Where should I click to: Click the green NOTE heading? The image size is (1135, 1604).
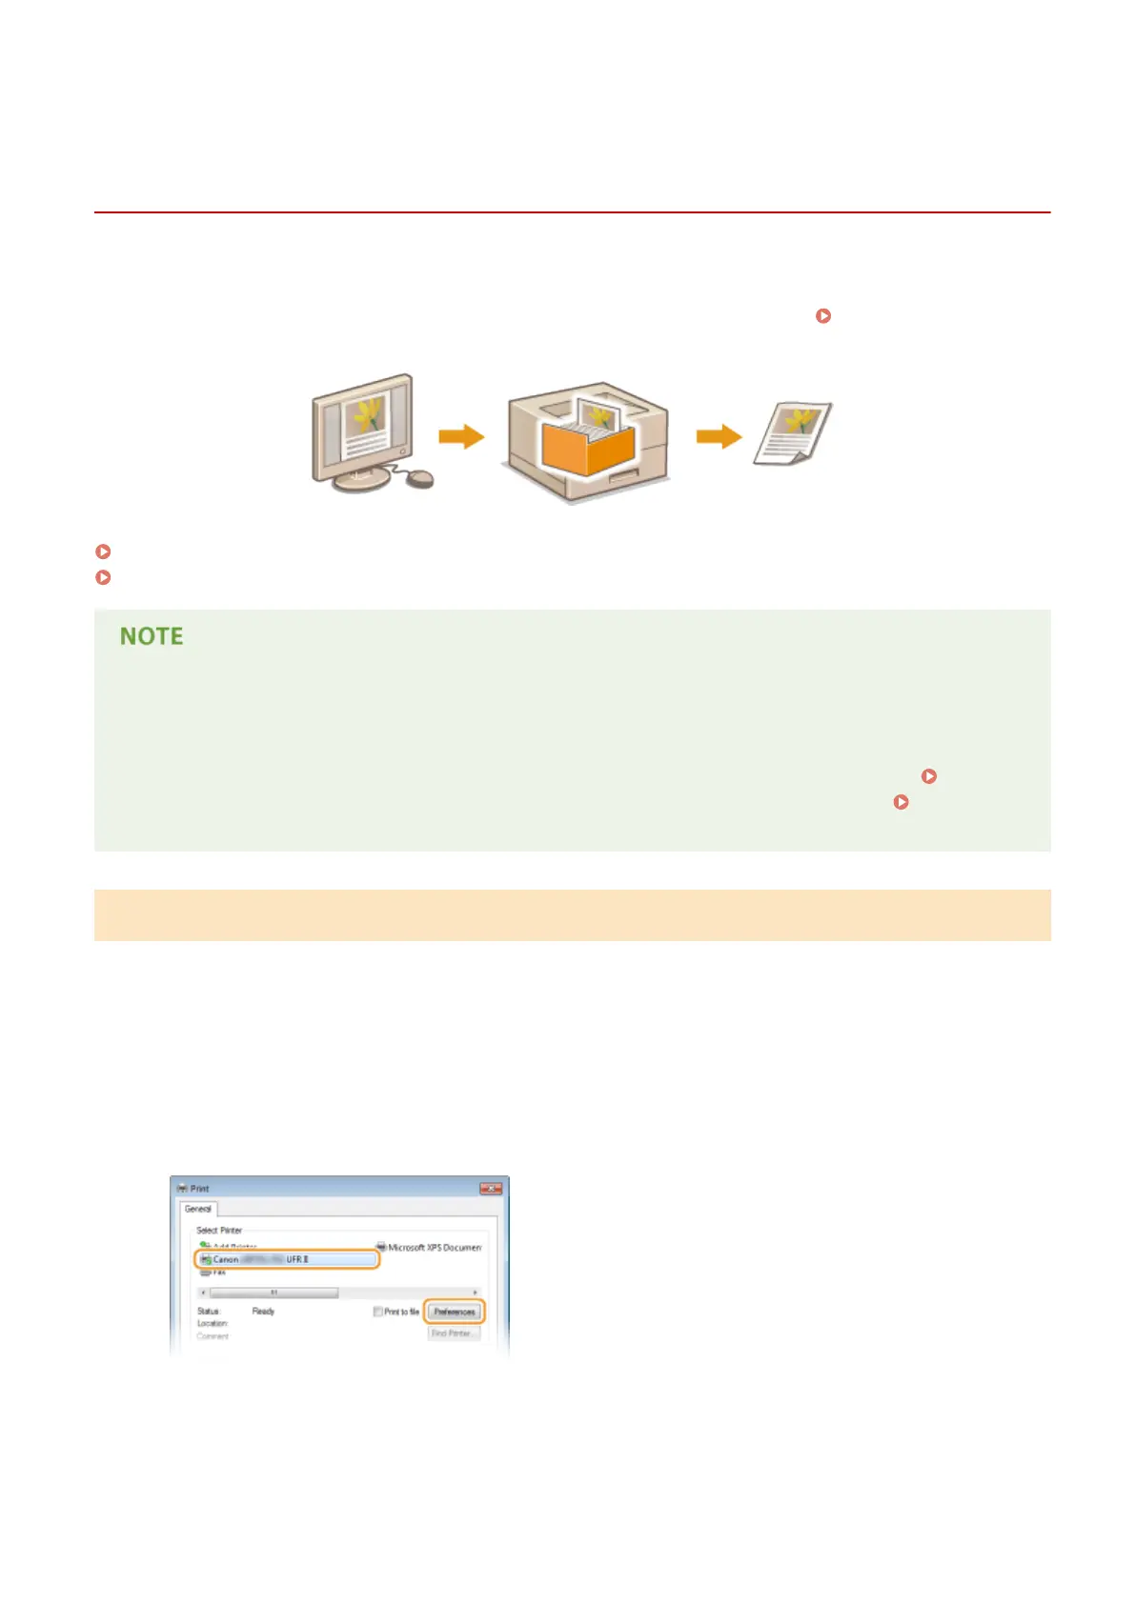point(151,636)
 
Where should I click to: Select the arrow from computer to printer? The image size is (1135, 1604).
point(461,437)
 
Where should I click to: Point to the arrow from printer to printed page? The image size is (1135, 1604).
point(719,436)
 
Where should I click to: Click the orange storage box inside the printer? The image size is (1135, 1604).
point(586,448)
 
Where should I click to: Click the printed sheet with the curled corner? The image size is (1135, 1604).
point(792,433)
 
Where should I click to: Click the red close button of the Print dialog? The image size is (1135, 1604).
point(490,1189)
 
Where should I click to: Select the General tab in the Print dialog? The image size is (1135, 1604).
point(198,1209)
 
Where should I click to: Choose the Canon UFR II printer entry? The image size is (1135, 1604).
point(286,1259)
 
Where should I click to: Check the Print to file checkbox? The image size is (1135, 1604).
point(378,1312)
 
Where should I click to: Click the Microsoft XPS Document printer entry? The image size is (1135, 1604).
point(434,1247)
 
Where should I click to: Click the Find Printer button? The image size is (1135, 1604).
point(452,1333)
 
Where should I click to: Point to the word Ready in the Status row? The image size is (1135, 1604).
point(263,1312)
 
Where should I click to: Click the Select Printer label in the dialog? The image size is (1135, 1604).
point(219,1231)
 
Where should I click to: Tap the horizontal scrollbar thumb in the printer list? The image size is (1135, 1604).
point(274,1293)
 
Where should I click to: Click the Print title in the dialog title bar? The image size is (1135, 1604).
point(199,1189)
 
